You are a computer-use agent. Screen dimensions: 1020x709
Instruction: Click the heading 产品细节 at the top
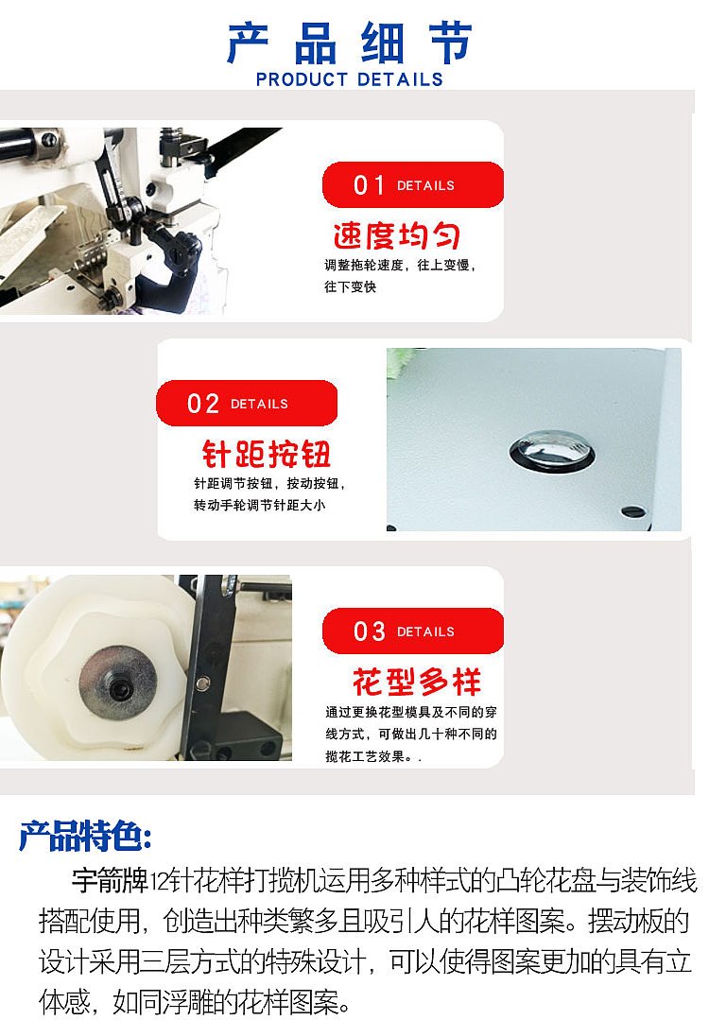click(x=350, y=43)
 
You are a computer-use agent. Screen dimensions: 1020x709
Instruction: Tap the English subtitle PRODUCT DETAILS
click(x=350, y=79)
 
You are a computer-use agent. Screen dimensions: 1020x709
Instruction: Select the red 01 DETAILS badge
click(x=412, y=185)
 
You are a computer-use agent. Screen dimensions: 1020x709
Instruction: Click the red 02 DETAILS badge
click(x=246, y=404)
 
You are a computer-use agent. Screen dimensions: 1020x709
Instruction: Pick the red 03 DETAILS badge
click(x=412, y=631)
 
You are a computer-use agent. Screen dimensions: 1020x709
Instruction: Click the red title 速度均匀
click(x=396, y=235)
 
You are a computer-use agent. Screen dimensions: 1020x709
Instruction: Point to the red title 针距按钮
click(x=267, y=454)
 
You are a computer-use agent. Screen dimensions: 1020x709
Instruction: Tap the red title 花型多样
click(x=417, y=682)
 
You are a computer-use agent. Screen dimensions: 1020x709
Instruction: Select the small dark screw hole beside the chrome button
click(x=634, y=512)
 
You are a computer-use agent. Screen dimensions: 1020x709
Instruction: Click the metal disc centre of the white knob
click(x=117, y=687)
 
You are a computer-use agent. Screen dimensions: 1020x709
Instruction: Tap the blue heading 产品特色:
click(x=85, y=836)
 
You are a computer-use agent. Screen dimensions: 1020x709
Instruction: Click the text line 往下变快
click(x=350, y=286)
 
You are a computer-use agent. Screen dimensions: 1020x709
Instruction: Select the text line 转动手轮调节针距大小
click(x=259, y=505)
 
